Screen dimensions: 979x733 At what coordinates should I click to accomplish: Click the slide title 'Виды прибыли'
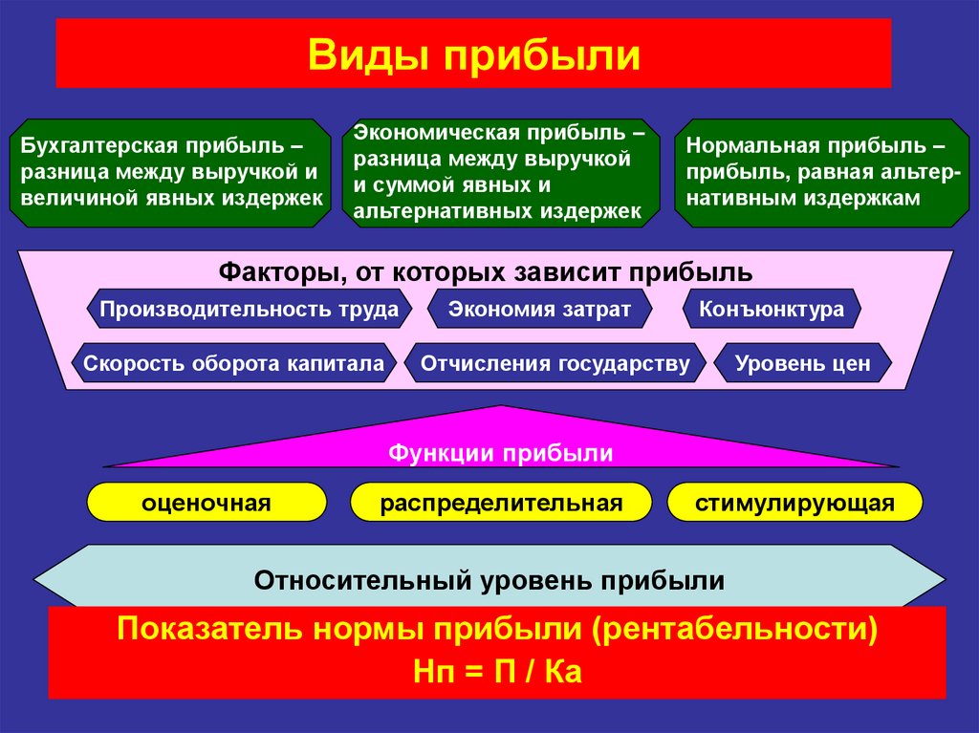click(473, 54)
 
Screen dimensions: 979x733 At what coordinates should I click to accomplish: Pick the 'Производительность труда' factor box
click(250, 310)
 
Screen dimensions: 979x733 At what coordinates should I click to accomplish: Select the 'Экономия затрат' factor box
click(539, 310)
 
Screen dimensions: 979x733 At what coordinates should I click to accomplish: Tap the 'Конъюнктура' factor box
click(772, 310)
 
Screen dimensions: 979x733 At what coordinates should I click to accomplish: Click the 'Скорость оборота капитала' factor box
click(233, 364)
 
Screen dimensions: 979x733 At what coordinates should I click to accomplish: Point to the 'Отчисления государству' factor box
click(555, 364)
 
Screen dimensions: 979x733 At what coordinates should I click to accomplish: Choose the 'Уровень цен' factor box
click(802, 364)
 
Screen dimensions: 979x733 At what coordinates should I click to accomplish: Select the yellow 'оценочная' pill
click(207, 503)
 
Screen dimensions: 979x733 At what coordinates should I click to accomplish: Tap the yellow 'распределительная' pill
click(501, 503)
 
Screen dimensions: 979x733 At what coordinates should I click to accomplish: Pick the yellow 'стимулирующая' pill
click(794, 503)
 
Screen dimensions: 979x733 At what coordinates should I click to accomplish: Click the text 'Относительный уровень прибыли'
click(489, 580)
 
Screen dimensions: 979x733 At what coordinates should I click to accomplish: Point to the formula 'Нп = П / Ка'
click(497, 671)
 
